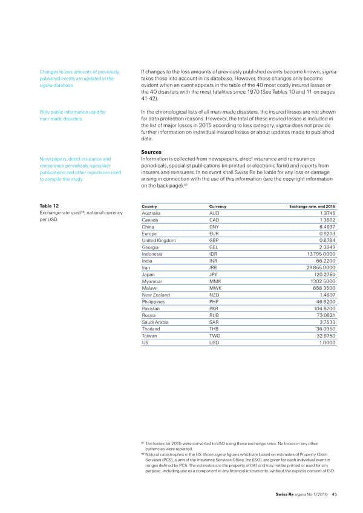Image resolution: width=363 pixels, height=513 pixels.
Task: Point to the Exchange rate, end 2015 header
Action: tap(309, 206)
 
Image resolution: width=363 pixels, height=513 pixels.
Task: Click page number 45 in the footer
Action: tap(335, 495)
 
